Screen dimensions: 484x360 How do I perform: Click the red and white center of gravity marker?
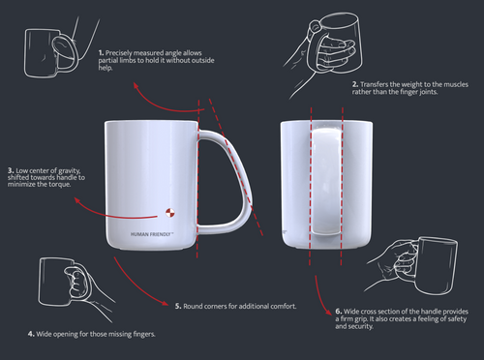(x=170, y=213)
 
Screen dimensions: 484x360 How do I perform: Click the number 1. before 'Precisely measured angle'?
(x=101, y=53)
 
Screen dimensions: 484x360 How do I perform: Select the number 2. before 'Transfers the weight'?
(x=355, y=84)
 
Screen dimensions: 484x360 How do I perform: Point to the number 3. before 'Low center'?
(x=11, y=170)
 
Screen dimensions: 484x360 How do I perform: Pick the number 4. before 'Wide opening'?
(x=31, y=334)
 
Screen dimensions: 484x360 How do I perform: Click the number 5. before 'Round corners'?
(x=178, y=306)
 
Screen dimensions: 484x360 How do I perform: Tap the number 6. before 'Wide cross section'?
(x=339, y=312)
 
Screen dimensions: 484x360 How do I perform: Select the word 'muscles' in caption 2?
(x=456, y=84)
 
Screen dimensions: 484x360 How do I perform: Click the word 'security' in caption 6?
(x=360, y=326)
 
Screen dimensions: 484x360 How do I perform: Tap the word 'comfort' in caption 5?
(x=284, y=306)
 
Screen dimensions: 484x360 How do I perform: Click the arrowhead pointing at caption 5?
(x=165, y=303)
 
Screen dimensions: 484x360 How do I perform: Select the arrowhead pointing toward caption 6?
(x=328, y=312)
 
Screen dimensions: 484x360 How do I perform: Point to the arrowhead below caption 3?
(x=77, y=200)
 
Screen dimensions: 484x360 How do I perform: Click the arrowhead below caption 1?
(x=136, y=85)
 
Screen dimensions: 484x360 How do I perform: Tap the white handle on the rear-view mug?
(x=326, y=181)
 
